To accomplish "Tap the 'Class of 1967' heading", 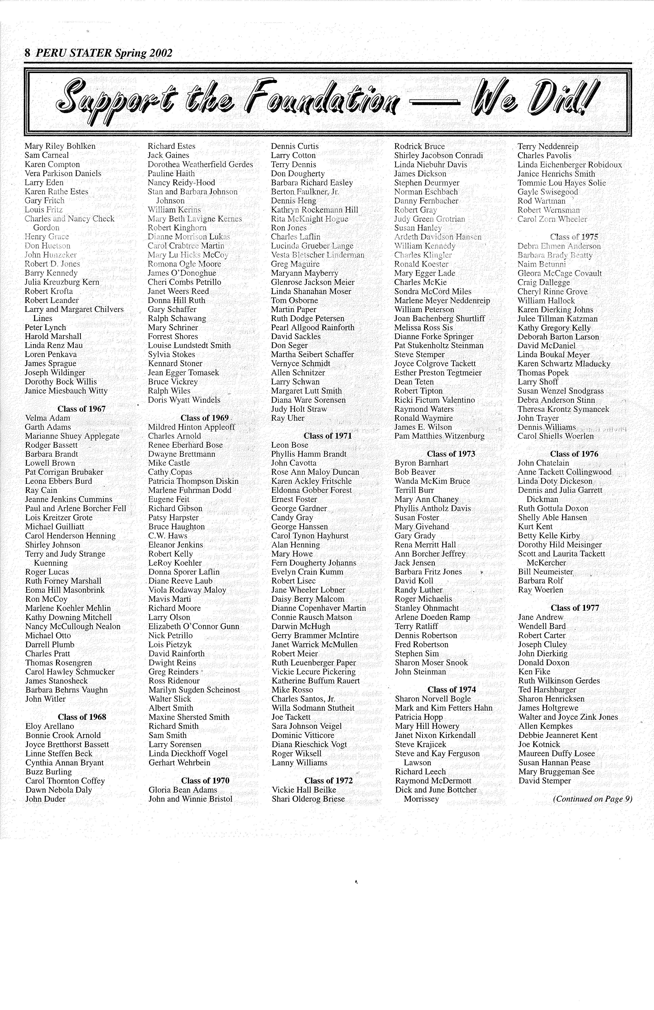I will [x=81, y=409].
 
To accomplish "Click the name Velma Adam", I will [x=48, y=418].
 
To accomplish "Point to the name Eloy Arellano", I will [x=50, y=726].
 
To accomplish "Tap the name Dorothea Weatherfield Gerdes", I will [x=200, y=164].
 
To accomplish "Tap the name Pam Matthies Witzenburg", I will [x=439, y=436].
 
